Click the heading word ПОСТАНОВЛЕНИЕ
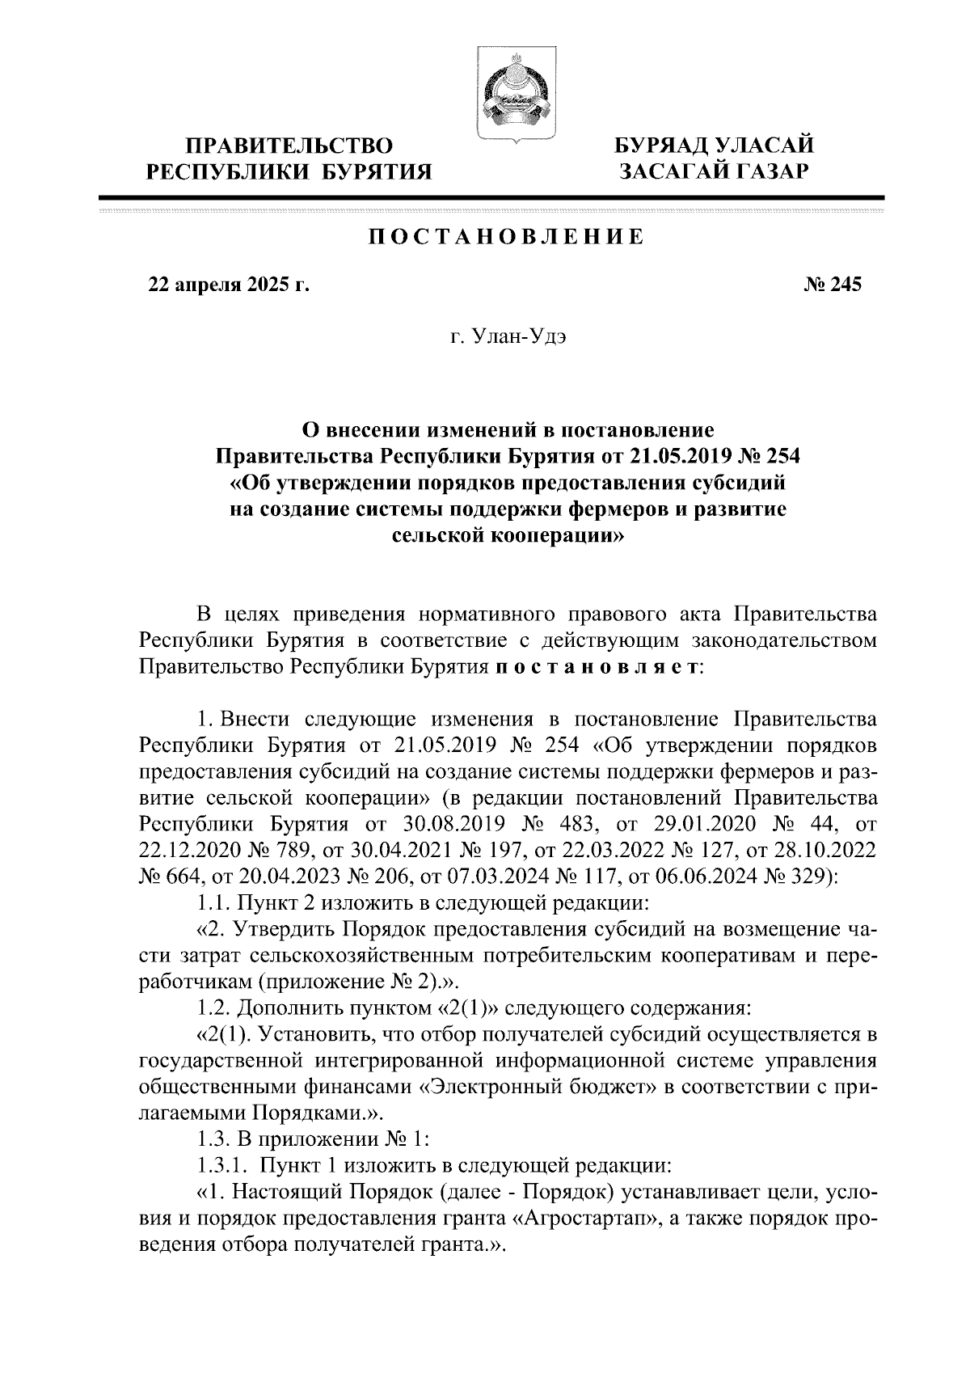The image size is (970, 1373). pyautogui.click(x=507, y=238)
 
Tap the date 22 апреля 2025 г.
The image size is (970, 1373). pyautogui.click(x=228, y=285)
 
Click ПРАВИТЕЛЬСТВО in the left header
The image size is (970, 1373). pyautogui.click(x=290, y=146)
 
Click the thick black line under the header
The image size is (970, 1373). pyautogui.click(x=491, y=197)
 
